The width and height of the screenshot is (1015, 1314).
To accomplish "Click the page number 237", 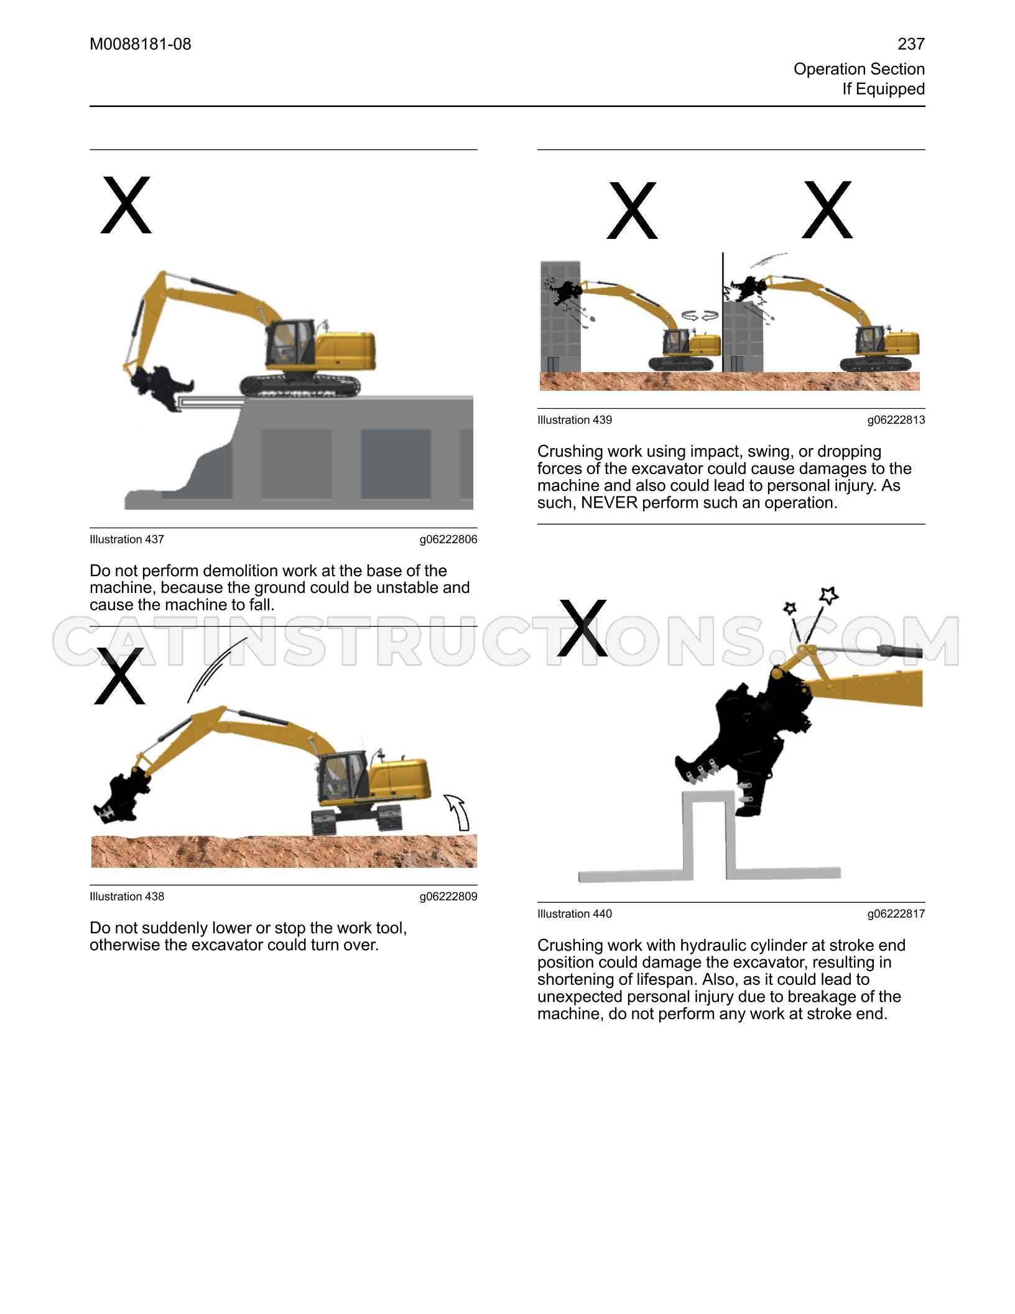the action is point(911,44).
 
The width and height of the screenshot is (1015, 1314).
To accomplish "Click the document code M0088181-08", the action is point(141,44).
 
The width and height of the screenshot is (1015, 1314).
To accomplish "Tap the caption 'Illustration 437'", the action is point(127,539).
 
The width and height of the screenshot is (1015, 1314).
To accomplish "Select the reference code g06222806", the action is point(448,539).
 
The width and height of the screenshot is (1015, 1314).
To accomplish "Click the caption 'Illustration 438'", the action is point(127,897).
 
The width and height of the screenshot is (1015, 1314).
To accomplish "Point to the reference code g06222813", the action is point(896,420).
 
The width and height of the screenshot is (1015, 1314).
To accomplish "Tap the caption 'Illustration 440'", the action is point(575,914).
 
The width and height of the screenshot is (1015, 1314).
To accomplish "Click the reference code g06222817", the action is point(896,914).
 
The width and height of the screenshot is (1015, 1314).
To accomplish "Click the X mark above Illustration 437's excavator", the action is point(126,205).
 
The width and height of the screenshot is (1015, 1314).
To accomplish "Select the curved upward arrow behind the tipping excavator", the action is point(458,813).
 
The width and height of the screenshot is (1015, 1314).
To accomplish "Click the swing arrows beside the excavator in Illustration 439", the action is point(700,316).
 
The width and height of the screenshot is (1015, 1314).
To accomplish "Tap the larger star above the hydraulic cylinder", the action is point(828,595).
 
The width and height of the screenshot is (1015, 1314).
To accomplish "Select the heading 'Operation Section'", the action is point(859,69).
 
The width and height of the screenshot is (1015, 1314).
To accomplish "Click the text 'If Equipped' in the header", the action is point(884,89).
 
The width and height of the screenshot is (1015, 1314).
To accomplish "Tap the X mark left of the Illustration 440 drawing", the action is point(582,628).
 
